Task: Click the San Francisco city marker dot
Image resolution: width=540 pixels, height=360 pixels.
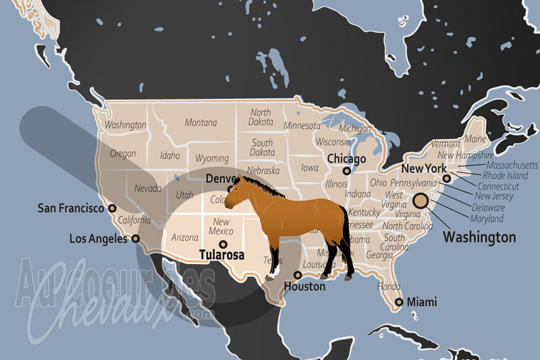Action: point(112,209)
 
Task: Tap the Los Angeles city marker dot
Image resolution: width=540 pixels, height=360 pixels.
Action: point(136,238)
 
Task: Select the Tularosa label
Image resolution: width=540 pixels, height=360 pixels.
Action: point(221,255)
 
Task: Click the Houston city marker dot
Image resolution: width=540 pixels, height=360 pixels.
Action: point(298,275)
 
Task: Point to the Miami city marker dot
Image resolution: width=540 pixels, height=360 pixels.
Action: point(399,302)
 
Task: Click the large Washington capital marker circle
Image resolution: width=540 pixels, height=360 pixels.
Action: point(421,200)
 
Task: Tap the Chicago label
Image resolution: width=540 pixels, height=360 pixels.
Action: point(346,159)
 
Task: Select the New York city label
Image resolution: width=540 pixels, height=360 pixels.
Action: point(423,168)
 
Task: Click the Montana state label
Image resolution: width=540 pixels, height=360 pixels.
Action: point(201,123)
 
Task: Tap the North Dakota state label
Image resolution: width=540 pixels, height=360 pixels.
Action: point(261,118)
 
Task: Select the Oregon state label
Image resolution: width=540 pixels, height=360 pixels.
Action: point(123,153)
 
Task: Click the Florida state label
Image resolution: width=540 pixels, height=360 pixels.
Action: point(388,286)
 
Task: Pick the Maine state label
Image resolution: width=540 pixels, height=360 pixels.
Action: point(475,139)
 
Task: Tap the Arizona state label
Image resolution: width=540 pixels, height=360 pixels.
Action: point(185,238)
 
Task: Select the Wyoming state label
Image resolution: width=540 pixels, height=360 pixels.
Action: point(211,158)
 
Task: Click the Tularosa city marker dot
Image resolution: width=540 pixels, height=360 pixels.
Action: point(223,245)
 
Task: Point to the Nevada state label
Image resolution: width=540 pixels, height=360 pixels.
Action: point(147,188)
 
